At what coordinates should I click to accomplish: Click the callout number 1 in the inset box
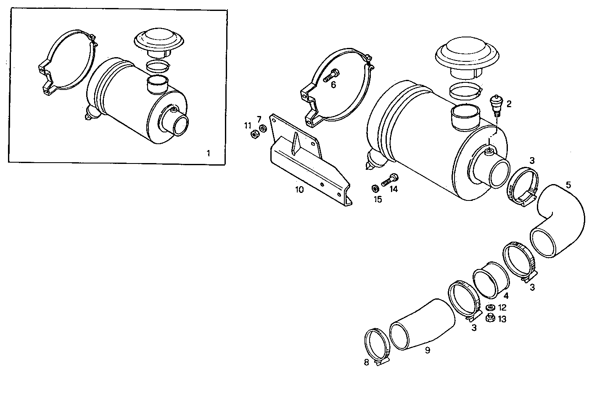click(208, 153)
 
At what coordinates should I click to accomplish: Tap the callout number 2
click(509, 104)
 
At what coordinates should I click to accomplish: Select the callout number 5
click(568, 185)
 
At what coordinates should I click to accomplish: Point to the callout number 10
click(299, 190)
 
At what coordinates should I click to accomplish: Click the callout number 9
click(427, 350)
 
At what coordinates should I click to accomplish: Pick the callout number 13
click(502, 319)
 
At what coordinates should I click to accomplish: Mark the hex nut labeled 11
click(254, 134)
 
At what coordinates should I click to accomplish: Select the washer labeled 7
click(263, 128)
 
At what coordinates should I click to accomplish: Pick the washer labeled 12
click(489, 308)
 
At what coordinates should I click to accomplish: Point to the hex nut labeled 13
click(489, 319)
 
